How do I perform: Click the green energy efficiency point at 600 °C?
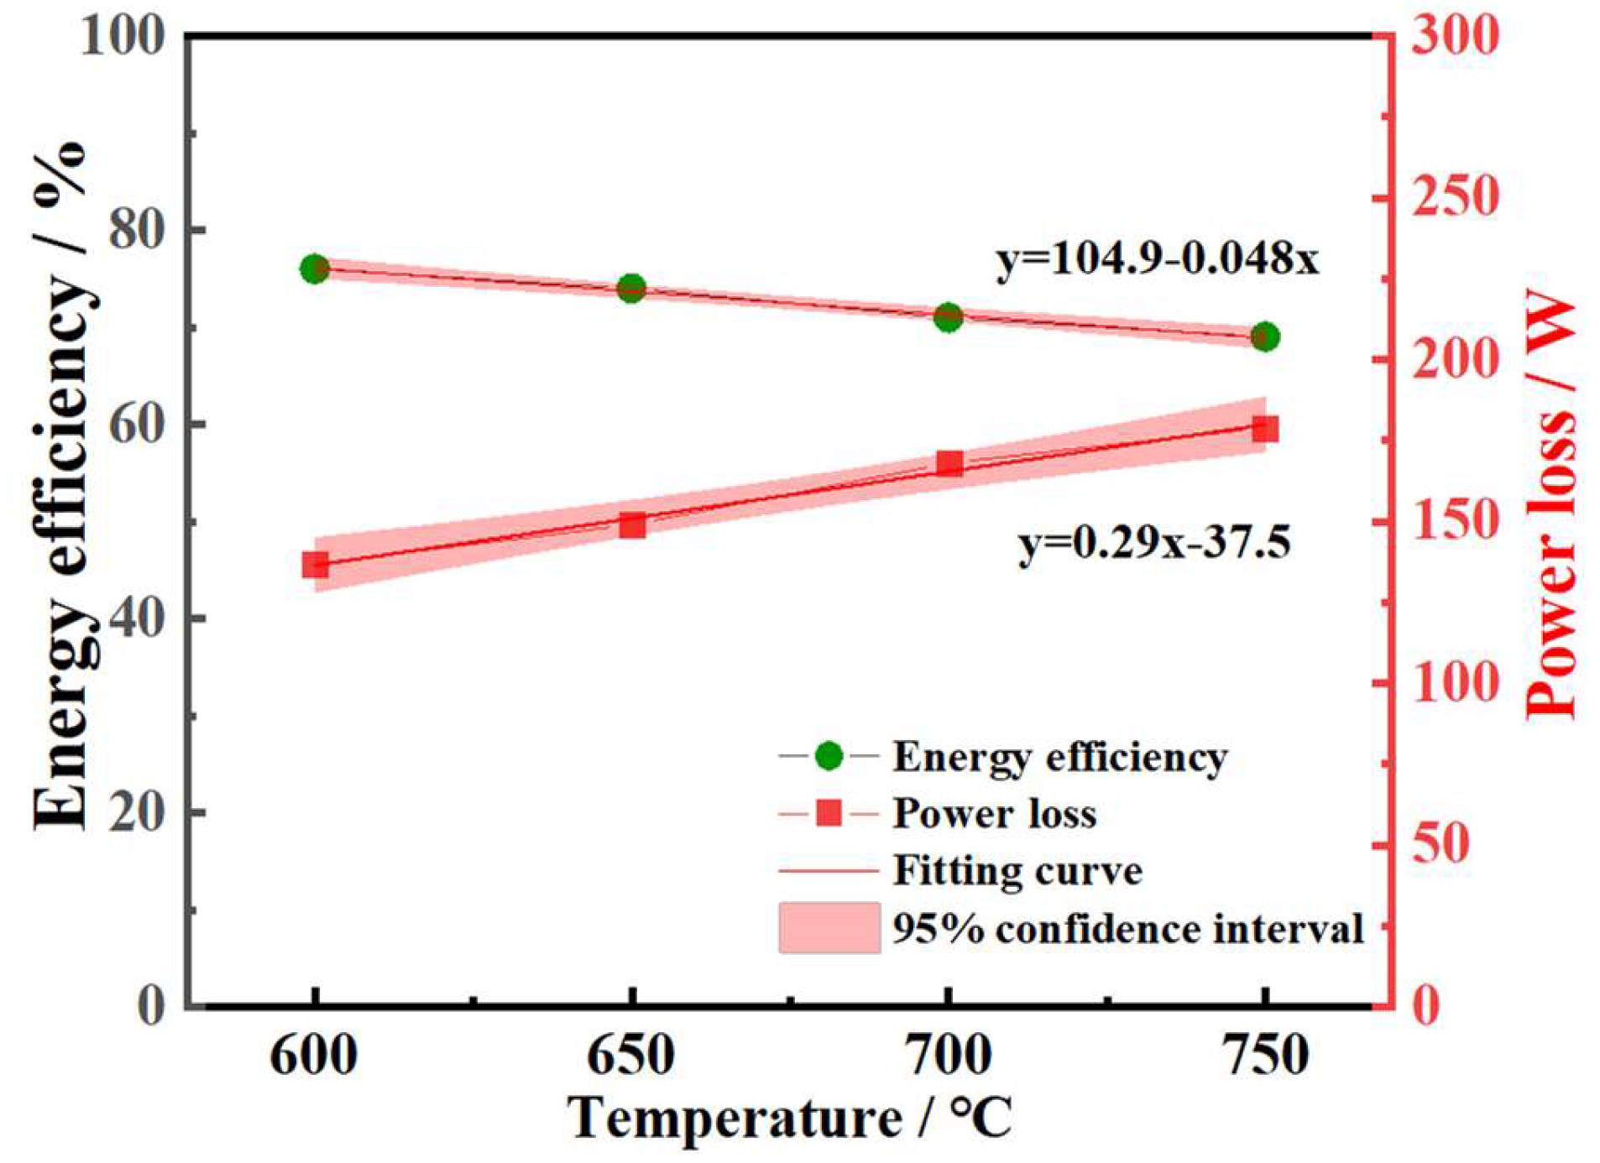click(315, 269)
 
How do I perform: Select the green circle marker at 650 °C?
click(631, 289)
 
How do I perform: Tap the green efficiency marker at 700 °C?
click(948, 318)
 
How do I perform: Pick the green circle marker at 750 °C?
click(1265, 337)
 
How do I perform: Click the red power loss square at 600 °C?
click(316, 565)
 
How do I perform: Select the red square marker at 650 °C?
click(632, 526)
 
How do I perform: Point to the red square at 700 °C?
click(949, 463)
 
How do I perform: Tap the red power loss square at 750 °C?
click(1265, 429)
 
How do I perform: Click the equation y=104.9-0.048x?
click(1158, 259)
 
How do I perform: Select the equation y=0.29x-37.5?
click(1154, 543)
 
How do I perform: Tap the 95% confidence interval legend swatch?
click(829, 928)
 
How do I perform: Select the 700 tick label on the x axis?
click(949, 1056)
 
